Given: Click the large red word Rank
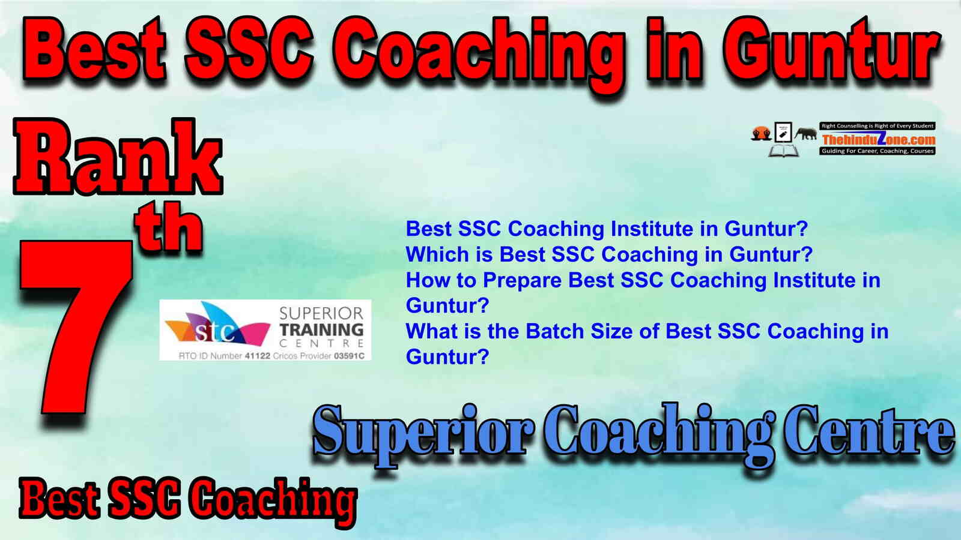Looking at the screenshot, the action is click(x=118, y=156).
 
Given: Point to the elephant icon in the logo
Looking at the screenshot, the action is click(x=805, y=134).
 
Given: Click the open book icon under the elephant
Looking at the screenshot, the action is click(x=783, y=150).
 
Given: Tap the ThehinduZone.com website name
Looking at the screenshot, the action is click(x=878, y=139).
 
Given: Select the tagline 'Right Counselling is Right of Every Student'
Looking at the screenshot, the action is click(x=878, y=126).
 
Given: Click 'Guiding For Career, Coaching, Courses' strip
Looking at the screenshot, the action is click(x=878, y=151).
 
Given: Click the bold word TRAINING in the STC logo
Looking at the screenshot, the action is click(x=321, y=330).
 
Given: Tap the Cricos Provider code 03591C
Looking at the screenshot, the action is click(x=349, y=356).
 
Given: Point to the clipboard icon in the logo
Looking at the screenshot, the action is click(x=783, y=133).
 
